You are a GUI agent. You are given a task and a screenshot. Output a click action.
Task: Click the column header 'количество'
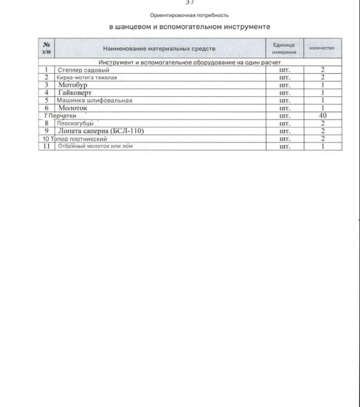point(323,49)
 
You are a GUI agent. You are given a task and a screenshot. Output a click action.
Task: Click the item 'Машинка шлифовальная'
point(94,100)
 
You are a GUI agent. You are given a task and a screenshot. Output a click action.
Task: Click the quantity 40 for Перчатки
point(323,115)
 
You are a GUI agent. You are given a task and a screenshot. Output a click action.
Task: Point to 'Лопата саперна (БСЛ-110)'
point(101,130)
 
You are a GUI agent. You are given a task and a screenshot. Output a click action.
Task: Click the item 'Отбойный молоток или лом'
point(94,146)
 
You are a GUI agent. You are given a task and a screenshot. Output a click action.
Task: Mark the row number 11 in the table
point(46,146)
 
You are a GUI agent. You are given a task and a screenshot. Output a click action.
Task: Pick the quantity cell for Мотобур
point(323,85)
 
